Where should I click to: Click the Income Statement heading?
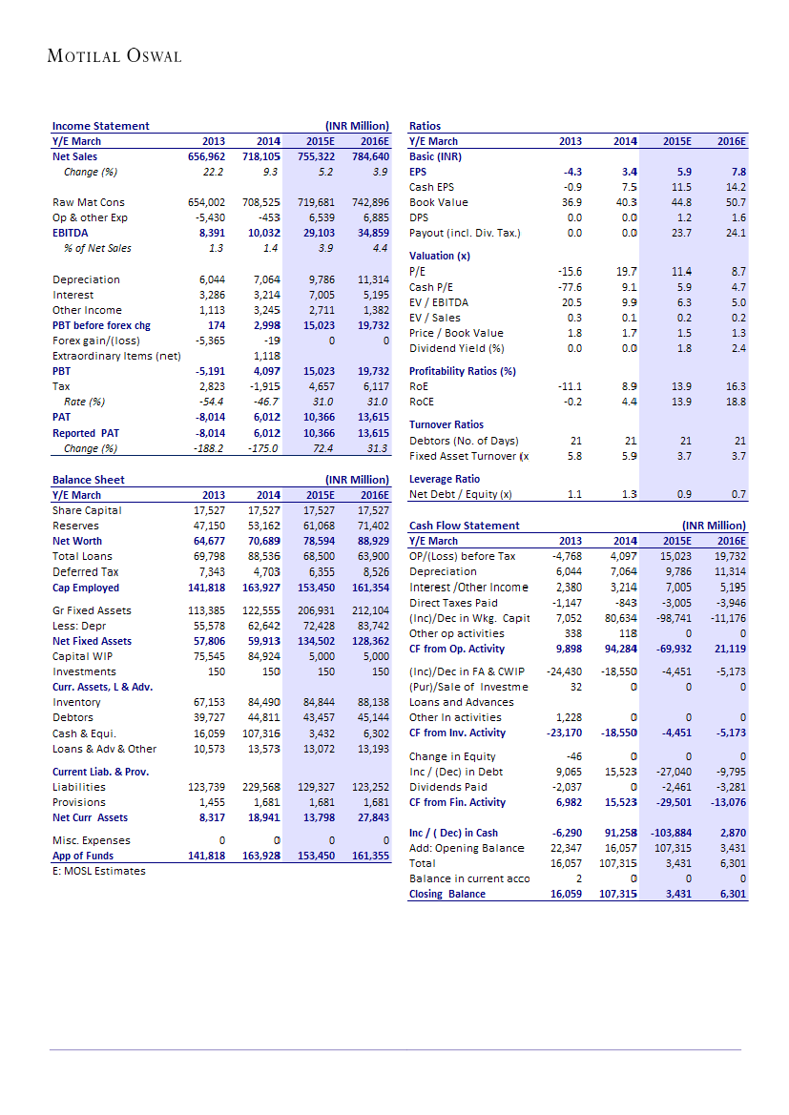tap(100, 126)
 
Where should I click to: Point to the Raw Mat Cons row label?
tap(89, 202)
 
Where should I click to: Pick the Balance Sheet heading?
tap(88, 480)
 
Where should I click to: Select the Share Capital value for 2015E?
tap(318, 510)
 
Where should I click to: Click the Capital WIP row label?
tap(82, 656)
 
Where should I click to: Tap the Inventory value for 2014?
tap(262, 702)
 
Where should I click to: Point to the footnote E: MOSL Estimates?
tap(98, 871)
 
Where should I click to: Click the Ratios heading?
tap(425, 126)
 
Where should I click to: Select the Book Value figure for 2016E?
tap(736, 202)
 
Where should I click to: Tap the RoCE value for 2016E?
tap(736, 402)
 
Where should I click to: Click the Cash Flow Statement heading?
tap(464, 526)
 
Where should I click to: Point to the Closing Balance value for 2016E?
tap(732, 894)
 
